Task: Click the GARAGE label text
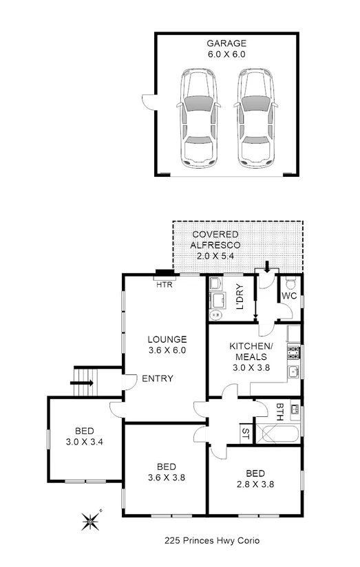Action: (226, 47)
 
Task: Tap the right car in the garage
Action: (255, 118)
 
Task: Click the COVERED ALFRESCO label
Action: (215, 245)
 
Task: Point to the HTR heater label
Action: (164, 284)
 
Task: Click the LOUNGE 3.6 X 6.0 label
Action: (167, 344)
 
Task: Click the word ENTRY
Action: (157, 378)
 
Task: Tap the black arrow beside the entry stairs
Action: (82, 383)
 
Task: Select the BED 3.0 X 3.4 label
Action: (84, 436)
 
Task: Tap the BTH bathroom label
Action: (280, 411)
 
